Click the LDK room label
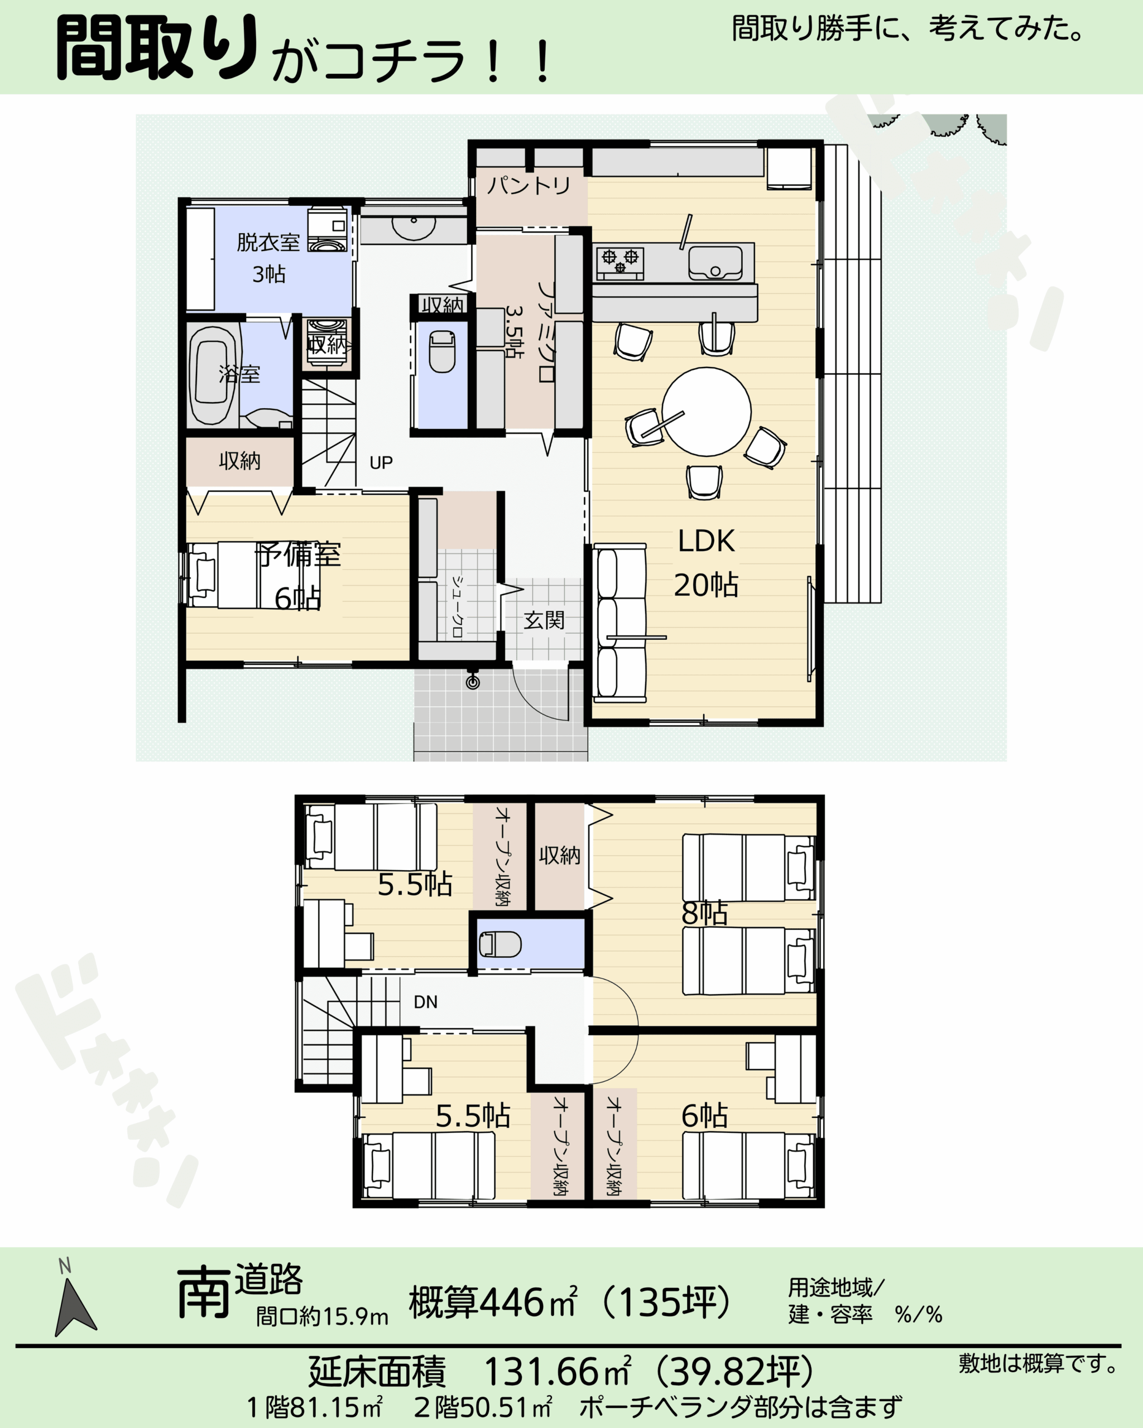[707, 541]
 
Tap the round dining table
[707, 411]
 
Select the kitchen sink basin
[715, 263]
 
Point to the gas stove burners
[620, 261]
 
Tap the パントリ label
[529, 185]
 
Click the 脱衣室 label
[268, 243]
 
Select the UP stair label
[381, 462]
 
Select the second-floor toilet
[500, 944]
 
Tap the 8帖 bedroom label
[704, 913]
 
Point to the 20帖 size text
[707, 585]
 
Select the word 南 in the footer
[203, 1292]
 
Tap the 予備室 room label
[299, 554]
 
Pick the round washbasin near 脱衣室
[414, 225]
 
